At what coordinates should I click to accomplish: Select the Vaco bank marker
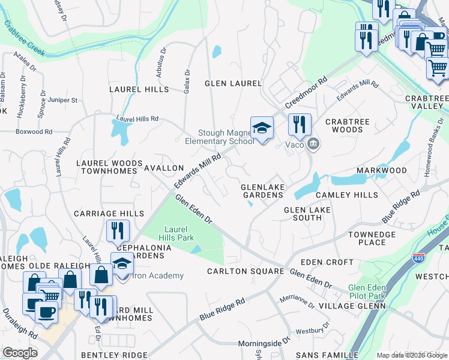pyautogui.click(x=313, y=144)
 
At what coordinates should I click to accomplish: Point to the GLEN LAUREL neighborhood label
pyautogui.click(x=234, y=83)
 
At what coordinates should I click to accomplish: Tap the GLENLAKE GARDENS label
pyautogui.click(x=262, y=191)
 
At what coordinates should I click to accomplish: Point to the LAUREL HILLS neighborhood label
pyautogui.click(x=139, y=89)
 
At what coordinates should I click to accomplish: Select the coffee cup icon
pyautogui.click(x=46, y=312)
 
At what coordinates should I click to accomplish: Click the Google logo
pyautogui.click(x=20, y=352)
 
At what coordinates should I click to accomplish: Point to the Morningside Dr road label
pyautogui.click(x=265, y=340)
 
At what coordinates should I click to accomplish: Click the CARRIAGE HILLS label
pyautogui.click(x=109, y=214)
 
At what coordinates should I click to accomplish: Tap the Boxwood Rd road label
pyautogui.click(x=34, y=131)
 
